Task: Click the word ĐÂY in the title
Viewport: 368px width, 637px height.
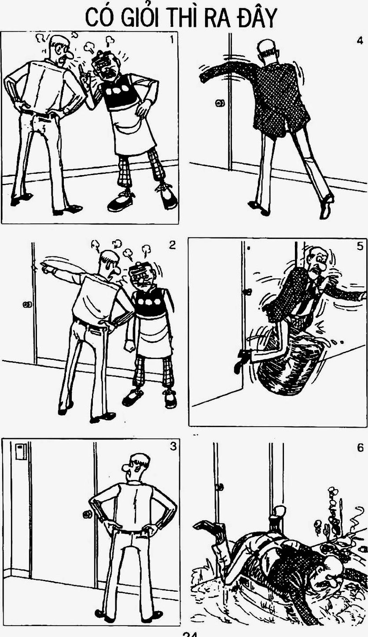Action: (257, 17)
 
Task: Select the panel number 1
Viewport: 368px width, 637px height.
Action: (171, 40)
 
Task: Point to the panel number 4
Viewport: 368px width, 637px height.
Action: (360, 40)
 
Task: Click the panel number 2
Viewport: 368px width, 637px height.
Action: (172, 245)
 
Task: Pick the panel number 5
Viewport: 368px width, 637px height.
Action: (360, 246)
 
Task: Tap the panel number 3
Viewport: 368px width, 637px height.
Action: (173, 446)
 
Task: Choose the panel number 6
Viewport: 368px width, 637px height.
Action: (360, 447)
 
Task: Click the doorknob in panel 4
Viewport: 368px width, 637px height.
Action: (220, 103)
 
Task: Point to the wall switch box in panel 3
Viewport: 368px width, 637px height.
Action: (21, 452)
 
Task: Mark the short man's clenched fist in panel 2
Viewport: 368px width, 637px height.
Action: (130, 345)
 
